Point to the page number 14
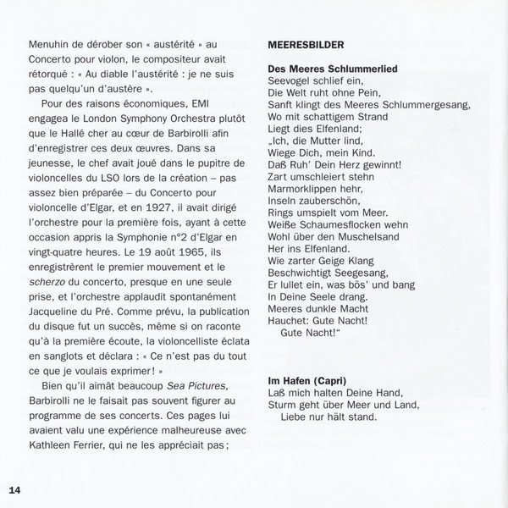click(x=18, y=489)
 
